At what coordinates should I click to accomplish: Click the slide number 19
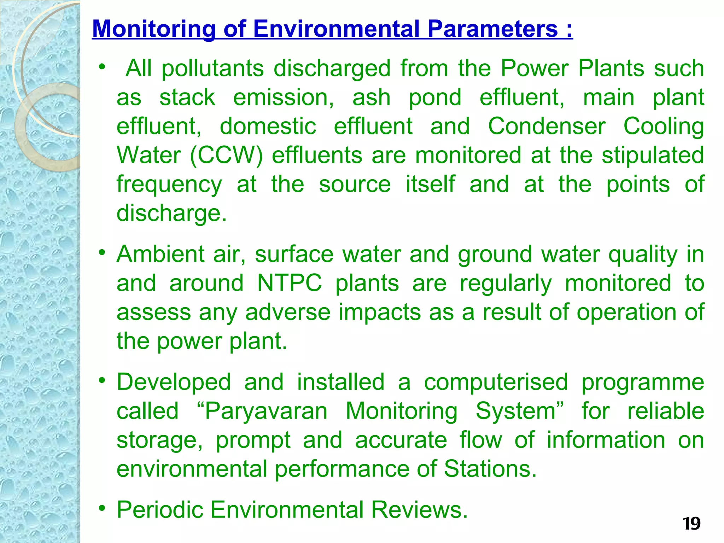coord(691,524)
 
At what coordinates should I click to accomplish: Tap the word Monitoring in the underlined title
coord(154,29)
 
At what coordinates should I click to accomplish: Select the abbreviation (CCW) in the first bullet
coord(226,156)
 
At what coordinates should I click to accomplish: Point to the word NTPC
coord(290,283)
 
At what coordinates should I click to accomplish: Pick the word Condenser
coord(547,126)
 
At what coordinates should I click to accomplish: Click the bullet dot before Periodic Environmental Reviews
coord(103,508)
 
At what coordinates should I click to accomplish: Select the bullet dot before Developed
coord(103,380)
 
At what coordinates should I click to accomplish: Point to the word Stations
coord(490,469)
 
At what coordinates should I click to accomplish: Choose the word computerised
coord(496,382)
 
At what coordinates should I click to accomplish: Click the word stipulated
coord(653,156)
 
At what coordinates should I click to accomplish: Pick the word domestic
coord(268,126)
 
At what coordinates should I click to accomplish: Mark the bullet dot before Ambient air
coord(103,252)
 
